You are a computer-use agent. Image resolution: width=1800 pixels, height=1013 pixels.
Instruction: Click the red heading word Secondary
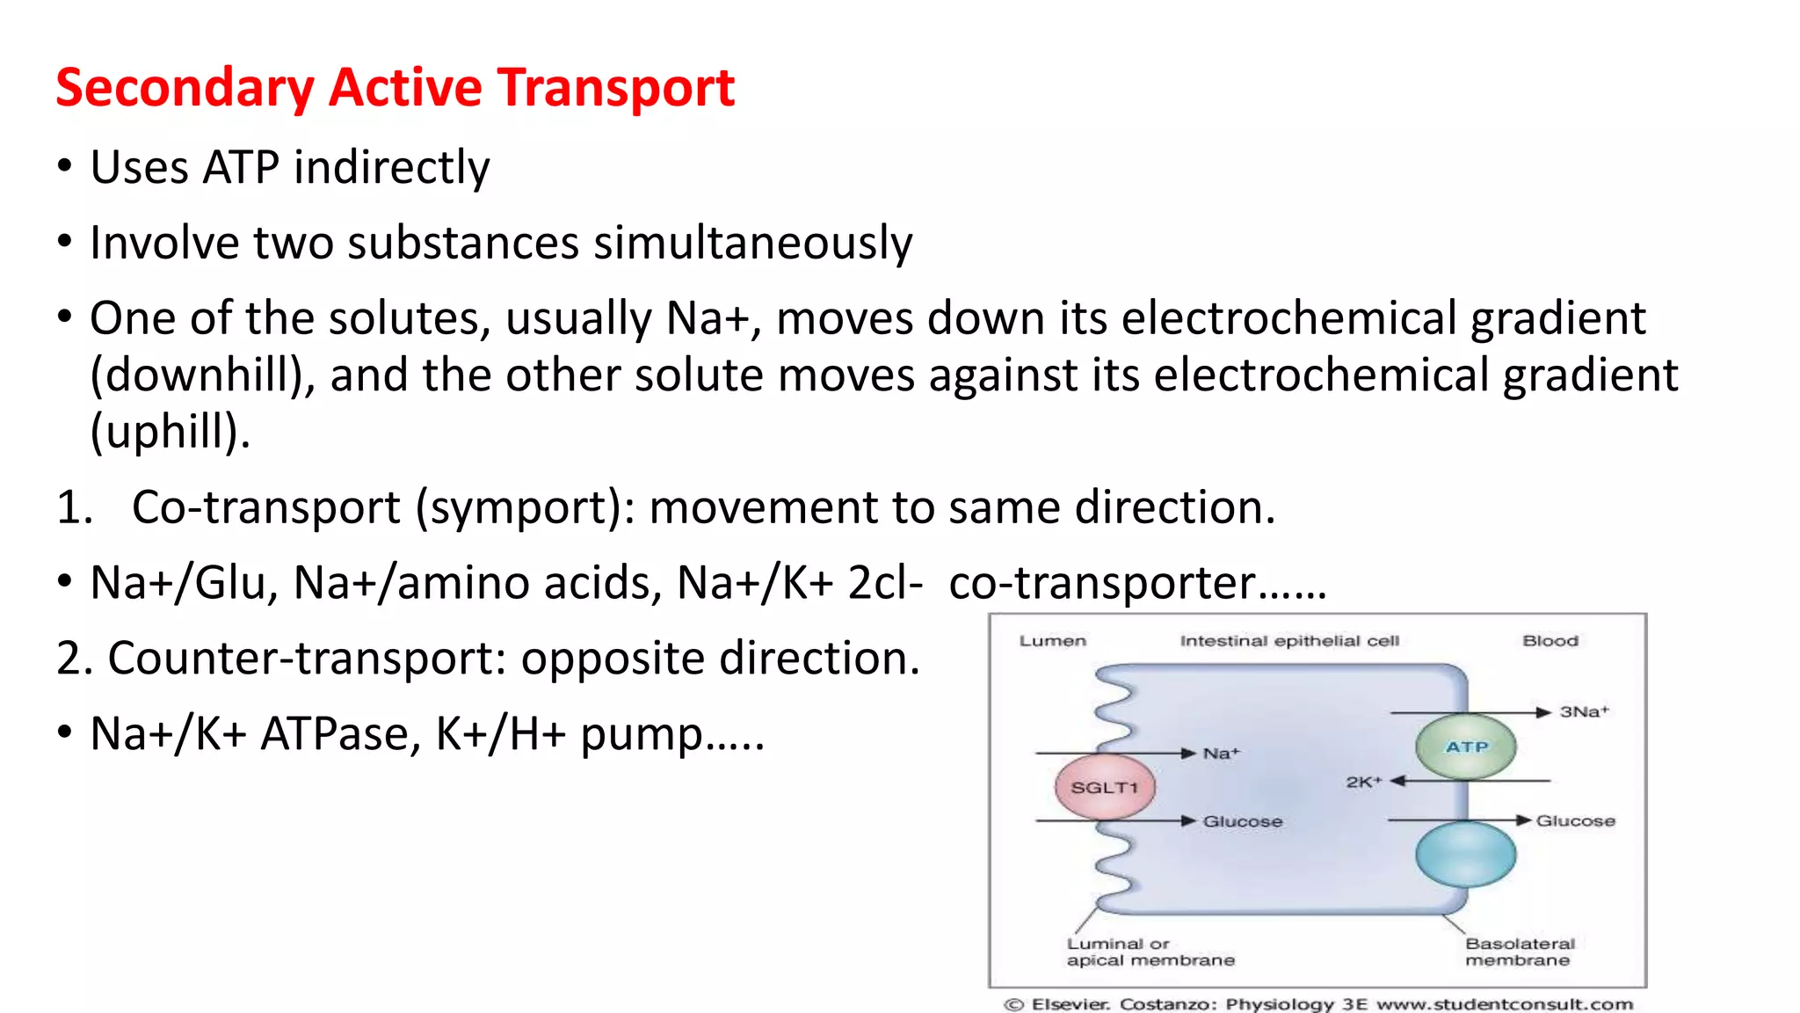pos(185,88)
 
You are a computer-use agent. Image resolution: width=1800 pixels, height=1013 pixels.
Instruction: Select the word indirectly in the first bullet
pos(391,167)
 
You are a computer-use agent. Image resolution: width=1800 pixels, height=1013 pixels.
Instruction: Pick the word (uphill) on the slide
pos(170,432)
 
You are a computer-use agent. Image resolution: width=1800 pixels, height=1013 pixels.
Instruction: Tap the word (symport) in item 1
pos(524,507)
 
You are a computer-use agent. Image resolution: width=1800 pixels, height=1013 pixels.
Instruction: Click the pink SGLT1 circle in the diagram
pos(1105,787)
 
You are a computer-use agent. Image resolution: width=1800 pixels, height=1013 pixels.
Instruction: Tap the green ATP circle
pos(1466,747)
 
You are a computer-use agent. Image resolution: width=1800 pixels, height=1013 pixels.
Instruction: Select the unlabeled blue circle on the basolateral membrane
pos(1466,855)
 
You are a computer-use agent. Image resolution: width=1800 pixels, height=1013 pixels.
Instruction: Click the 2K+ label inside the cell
pos(1363,782)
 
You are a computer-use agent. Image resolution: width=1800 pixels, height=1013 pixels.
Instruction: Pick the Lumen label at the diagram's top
pos(1052,641)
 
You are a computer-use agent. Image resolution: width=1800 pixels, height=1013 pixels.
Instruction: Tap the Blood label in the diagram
pos(1550,641)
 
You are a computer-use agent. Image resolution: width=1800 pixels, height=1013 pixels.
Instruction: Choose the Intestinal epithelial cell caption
pos(1289,641)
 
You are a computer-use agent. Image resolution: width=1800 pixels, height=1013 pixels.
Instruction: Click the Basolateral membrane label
pos(1520,951)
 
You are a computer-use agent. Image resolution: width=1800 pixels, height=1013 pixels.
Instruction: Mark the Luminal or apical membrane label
pos(1150,951)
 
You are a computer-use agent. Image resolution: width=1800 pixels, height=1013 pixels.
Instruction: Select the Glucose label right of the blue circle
pos(1575,820)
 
